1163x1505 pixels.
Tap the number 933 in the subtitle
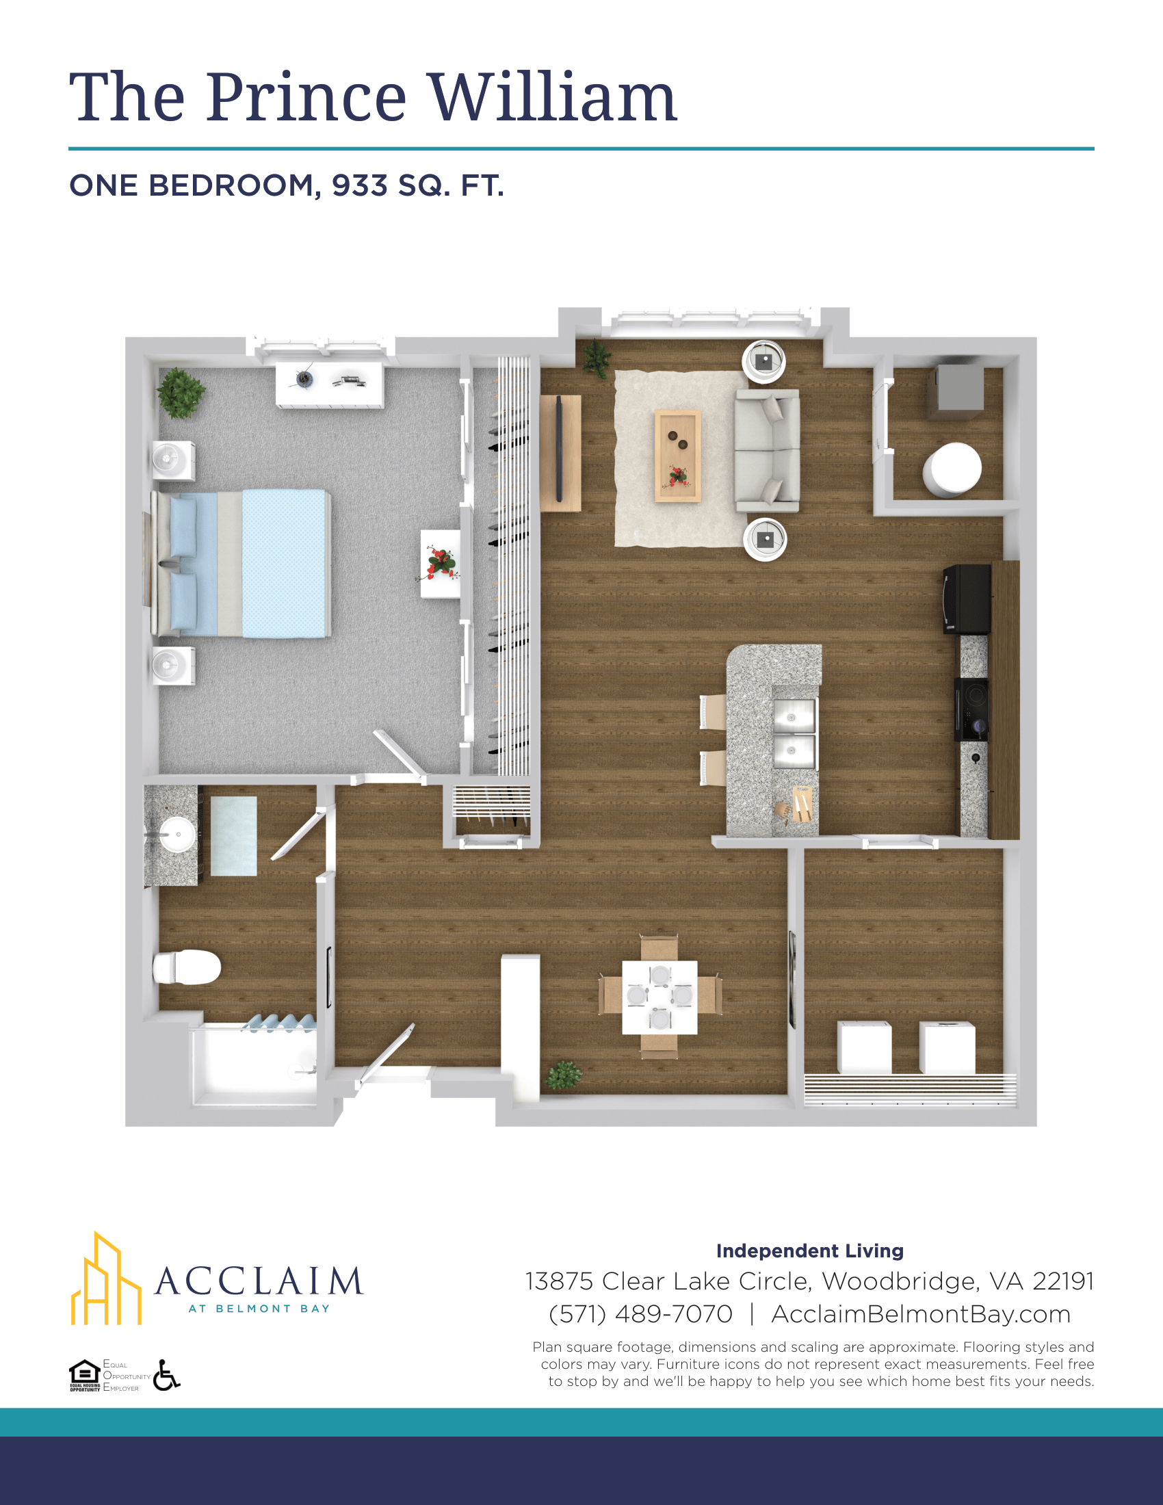pyautogui.click(x=360, y=185)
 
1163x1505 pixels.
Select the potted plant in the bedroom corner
pyautogui.click(x=181, y=393)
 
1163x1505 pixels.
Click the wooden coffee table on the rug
pyautogui.click(x=677, y=456)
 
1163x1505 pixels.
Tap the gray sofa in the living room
pyautogui.click(x=767, y=451)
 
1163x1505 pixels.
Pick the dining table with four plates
pyautogui.click(x=659, y=997)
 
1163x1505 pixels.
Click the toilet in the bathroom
pyautogui.click(x=187, y=967)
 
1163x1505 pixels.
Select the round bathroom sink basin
pyautogui.click(x=177, y=835)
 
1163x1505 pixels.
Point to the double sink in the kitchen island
pyautogui.click(x=794, y=733)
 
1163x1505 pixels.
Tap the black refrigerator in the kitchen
pyautogui.click(x=967, y=599)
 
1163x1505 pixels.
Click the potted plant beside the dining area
pyautogui.click(x=564, y=1075)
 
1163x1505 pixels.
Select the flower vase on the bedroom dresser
pyautogui.click(x=440, y=564)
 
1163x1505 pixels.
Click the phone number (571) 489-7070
pyautogui.click(x=640, y=1314)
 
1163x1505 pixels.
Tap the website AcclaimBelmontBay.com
pyautogui.click(x=920, y=1314)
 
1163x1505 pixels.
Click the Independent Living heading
pyautogui.click(x=809, y=1251)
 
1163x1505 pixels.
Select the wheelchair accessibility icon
pyautogui.click(x=166, y=1375)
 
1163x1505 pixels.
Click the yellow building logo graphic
pyautogui.click(x=106, y=1279)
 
